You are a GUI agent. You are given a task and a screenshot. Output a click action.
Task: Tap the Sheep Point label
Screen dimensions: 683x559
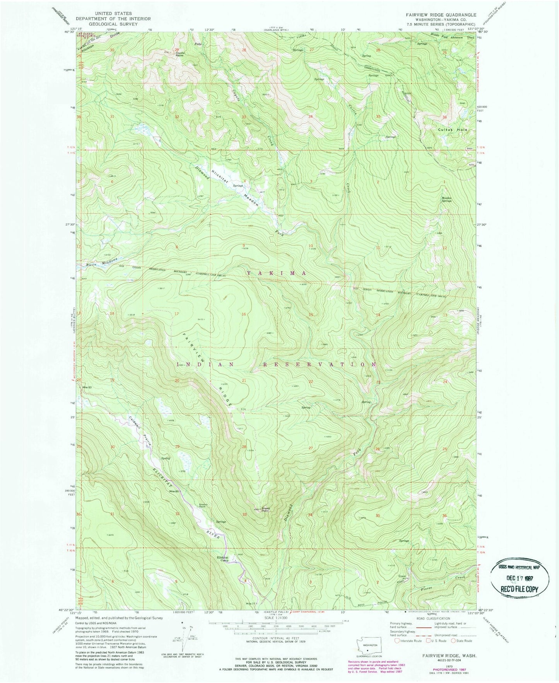pyautogui.click(x=266, y=509)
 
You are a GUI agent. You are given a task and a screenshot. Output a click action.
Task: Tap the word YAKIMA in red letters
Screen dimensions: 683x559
pyautogui.click(x=277, y=273)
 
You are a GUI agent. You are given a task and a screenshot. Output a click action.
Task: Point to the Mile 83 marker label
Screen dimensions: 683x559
pyautogui.click(x=86, y=387)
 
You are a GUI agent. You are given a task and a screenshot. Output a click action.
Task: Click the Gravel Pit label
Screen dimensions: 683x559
pyautogui.click(x=404, y=577)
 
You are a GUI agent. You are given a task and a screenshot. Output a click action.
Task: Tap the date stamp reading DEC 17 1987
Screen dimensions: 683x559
pyautogui.click(x=520, y=579)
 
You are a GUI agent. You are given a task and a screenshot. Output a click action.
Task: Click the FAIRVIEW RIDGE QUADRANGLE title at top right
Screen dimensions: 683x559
pyautogui.click(x=441, y=15)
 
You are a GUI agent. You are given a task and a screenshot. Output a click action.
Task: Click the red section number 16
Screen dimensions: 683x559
pyautogui.click(x=244, y=314)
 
